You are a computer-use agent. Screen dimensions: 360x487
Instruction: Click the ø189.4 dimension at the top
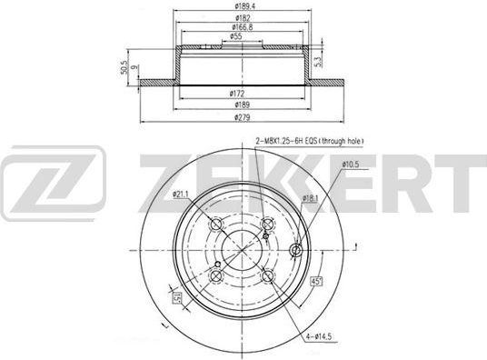pyautogui.click(x=241, y=6)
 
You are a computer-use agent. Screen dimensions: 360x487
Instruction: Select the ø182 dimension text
pyautogui.click(x=241, y=17)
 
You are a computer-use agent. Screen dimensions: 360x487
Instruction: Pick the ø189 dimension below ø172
pyautogui.click(x=241, y=105)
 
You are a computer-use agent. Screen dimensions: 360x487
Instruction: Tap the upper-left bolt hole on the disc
pyautogui.click(x=217, y=225)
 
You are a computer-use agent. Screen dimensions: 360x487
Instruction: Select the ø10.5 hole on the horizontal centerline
pyautogui.click(x=295, y=251)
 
